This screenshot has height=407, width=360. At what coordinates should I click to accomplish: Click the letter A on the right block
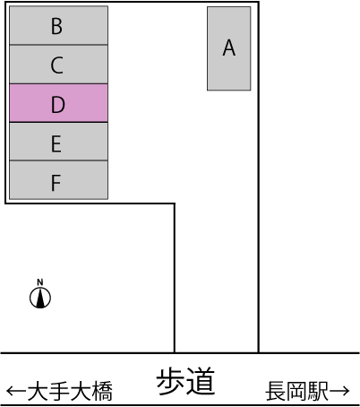click(229, 48)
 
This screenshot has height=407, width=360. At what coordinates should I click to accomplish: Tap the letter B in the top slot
click(56, 26)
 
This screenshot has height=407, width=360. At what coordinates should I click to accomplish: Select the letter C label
click(56, 65)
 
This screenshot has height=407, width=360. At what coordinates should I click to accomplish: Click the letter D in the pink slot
click(58, 105)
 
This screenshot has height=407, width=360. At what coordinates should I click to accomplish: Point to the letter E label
click(56, 144)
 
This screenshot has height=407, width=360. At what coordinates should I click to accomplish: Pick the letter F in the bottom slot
click(56, 183)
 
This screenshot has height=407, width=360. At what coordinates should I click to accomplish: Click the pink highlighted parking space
click(58, 103)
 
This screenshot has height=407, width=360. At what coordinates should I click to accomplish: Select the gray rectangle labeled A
click(229, 48)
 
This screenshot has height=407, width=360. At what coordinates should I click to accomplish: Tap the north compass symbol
click(40, 298)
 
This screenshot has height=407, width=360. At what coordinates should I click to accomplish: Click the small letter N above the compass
click(40, 282)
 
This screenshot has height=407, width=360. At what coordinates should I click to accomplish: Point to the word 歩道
click(185, 381)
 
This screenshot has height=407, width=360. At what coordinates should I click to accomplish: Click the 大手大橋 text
click(70, 391)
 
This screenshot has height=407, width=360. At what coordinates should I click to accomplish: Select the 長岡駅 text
click(297, 391)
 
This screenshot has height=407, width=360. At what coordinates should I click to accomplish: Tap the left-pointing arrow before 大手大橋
click(16, 391)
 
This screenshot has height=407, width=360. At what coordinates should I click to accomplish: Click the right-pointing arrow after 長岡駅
click(339, 391)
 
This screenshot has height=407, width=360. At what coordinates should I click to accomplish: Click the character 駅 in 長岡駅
click(318, 391)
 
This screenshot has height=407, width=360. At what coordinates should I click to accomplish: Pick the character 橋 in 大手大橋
click(102, 391)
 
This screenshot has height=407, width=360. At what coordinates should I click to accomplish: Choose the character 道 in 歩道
click(201, 381)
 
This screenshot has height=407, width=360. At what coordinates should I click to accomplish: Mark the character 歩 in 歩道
click(171, 381)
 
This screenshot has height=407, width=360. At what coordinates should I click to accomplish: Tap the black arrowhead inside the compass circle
click(40, 299)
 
